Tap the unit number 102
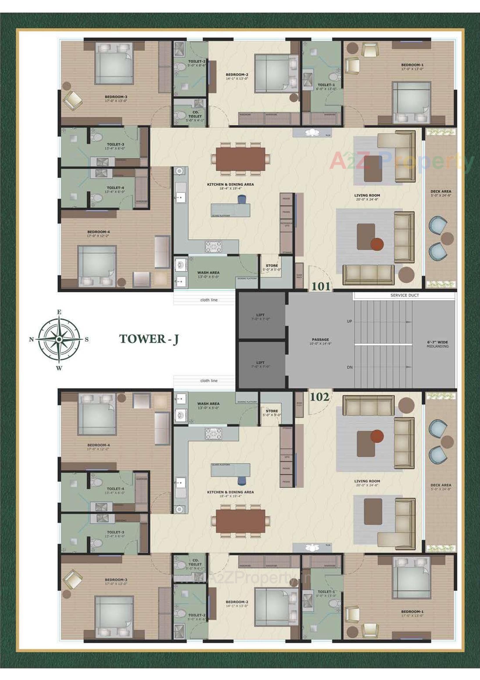click(320, 397)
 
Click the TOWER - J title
click(148, 339)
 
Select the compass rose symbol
click(59, 339)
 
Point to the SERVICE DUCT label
click(404, 295)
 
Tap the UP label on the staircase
click(349, 321)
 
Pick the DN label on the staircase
click(350, 367)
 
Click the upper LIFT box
click(260, 316)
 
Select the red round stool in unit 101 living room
click(377, 244)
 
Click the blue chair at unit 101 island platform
click(241, 199)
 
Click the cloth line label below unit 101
click(209, 300)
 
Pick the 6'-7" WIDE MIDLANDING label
click(437, 344)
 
